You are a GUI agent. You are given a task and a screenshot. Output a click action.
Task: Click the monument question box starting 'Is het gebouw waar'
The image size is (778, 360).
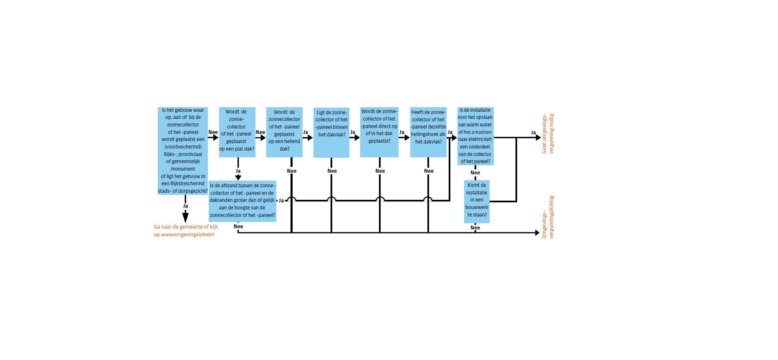click(x=183, y=151)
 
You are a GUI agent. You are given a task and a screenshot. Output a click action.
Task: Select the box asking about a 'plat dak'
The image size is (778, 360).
click(x=237, y=132)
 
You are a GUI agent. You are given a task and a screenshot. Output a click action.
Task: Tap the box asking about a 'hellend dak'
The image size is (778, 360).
click(x=284, y=132)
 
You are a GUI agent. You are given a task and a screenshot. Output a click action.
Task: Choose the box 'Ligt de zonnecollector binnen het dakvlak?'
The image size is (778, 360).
click(x=331, y=132)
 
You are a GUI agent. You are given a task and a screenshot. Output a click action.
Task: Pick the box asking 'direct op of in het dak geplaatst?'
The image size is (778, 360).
click(x=379, y=132)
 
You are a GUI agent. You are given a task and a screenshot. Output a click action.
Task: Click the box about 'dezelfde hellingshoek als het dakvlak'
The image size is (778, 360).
click(x=428, y=132)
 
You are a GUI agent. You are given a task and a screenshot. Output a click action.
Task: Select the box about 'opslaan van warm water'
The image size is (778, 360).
click(x=475, y=136)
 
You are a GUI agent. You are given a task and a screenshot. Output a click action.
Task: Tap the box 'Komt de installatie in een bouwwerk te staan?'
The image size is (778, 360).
click(x=477, y=201)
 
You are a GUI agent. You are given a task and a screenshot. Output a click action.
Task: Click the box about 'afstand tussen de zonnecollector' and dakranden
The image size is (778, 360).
click(x=242, y=201)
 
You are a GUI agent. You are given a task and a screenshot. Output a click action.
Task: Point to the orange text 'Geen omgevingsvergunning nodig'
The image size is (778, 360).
click(x=548, y=133)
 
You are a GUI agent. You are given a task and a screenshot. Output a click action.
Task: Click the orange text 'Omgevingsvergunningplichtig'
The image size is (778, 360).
click(x=548, y=217)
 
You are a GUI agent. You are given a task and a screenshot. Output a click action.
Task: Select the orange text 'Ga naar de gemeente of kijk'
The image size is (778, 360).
click(x=186, y=227)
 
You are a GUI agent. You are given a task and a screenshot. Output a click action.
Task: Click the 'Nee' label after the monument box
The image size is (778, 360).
click(x=213, y=132)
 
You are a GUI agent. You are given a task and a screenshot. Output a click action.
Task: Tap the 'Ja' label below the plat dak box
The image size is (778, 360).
click(x=238, y=171)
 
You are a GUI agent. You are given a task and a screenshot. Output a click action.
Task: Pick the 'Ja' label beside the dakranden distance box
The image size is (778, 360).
click(x=281, y=201)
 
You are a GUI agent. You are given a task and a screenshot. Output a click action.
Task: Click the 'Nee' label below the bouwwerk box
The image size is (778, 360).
click(x=475, y=228)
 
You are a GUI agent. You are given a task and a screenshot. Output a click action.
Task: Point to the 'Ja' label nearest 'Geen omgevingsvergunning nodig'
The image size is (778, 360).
click(x=533, y=133)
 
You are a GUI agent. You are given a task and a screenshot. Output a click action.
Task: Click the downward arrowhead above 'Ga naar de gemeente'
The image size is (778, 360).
click(x=185, y=217)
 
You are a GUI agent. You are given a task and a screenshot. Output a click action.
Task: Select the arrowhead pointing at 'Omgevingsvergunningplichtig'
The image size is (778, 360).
click(x=537, y=233)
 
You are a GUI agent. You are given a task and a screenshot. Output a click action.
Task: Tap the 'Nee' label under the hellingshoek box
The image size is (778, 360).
click(x=429, y=171)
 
